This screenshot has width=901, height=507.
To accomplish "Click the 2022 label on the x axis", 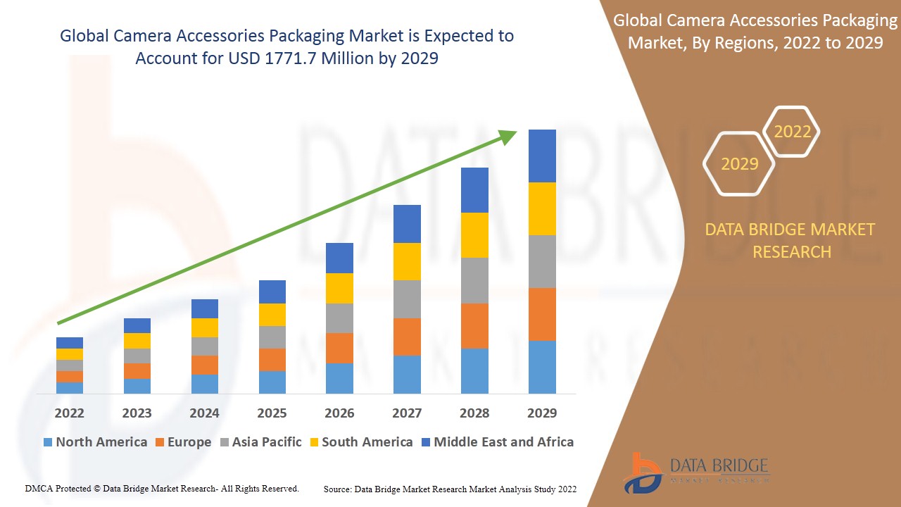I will tap(70, 413).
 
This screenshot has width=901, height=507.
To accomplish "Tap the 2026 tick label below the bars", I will tap(339, 413).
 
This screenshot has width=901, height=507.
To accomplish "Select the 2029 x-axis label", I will tap(542, 413).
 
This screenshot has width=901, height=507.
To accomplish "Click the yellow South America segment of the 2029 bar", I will tap(542, 208).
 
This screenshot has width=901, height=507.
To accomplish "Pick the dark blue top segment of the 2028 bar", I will tap(474, 190).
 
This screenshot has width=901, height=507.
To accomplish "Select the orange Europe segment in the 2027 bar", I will tap(407, 337).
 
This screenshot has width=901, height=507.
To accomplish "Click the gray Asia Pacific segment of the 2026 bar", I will tap(339, 318).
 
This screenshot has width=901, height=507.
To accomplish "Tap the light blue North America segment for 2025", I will tap(272, 382).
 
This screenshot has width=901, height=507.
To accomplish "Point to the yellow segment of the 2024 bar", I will tap(205, 327).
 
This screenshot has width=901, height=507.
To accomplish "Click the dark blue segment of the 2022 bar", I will tap(70, 343).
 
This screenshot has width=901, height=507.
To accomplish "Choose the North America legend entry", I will tap(95, 442).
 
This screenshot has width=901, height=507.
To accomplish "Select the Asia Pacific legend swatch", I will tap(225, 442).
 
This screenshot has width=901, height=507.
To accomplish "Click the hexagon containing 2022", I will tap(792, 132).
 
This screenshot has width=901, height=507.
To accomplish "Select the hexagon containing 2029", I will tap(739, 164).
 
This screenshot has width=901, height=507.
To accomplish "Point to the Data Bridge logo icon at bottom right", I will tap(642, 472).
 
